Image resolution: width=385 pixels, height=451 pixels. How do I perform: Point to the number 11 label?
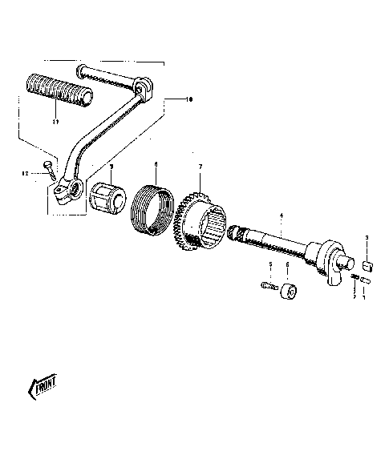pos(55,123)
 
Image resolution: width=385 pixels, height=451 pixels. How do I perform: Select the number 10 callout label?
pos(189,99)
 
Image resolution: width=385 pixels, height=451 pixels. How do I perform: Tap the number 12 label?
pos(25,173)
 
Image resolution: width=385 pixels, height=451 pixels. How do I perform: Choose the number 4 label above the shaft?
pos(281,215)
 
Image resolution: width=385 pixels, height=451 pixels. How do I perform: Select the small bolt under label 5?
pos(269,284)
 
